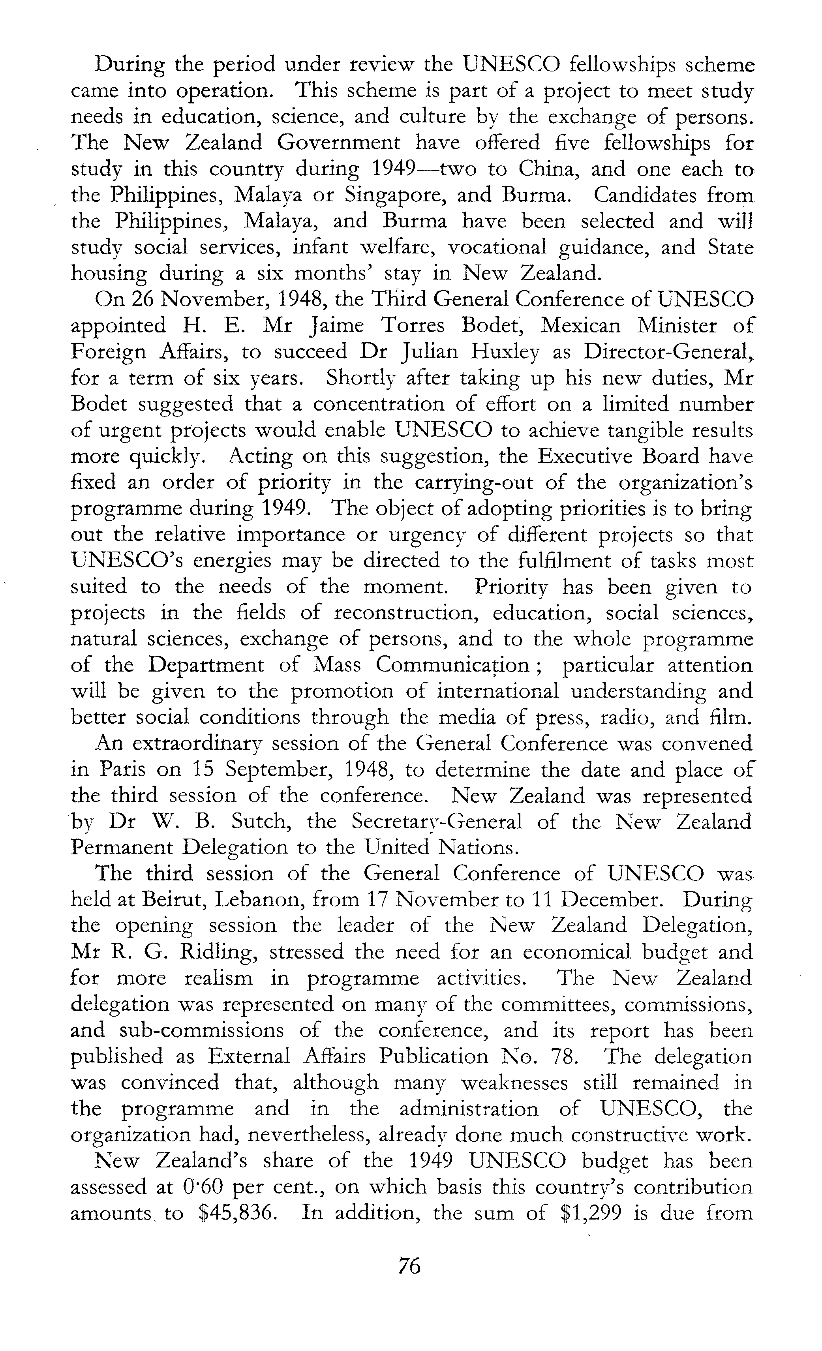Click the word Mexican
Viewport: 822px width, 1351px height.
click(580, 326)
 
